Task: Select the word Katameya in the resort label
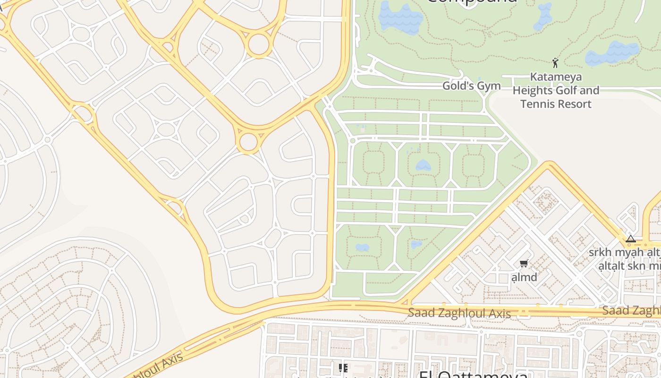click(556, 77)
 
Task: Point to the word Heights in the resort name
click(532, 90)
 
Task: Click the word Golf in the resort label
click(564, 90)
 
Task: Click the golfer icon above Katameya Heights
click(555, 63)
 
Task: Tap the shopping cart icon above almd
click(524, 264)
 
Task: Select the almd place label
click(525, 277)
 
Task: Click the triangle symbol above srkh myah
click(630, 239)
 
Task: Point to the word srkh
click(601, 252)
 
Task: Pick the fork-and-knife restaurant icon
click(343, 368)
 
